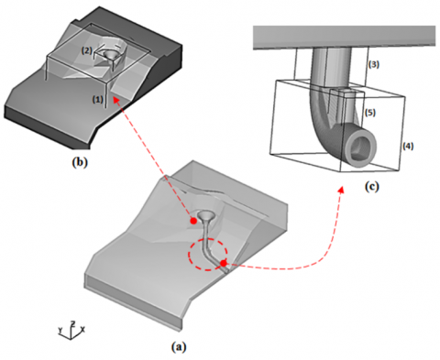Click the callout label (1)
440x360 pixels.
tap(98, 99)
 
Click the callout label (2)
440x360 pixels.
tap(86, 51)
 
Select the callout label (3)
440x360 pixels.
tap(374, 64)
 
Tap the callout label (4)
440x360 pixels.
tap(408, 146)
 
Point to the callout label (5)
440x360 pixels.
tap(370, 113)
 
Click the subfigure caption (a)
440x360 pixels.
tap(179, 347)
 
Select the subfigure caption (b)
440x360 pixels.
tap(80, 162)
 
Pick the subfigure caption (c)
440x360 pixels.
tap(372, 186)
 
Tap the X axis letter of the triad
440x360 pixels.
tap(82, 329)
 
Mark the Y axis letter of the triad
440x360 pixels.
tap(60, 330)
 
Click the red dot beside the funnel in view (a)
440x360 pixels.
tap(193, 221)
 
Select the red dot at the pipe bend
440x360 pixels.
tap(224, 263)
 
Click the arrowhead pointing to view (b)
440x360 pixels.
tap(115, 100)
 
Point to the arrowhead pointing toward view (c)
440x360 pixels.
tap(342, 190)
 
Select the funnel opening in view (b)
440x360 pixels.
tap(111, 54)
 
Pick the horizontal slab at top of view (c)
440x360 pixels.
tap(344, 38)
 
